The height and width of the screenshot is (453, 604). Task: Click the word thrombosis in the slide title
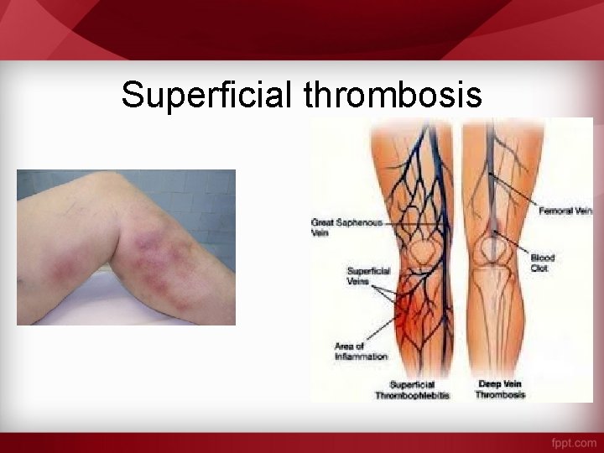click(x=393, y=95)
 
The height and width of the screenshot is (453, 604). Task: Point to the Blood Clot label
click(x=543, y=263)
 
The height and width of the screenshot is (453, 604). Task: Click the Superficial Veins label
click(x=369, y=276)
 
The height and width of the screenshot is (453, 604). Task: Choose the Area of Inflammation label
click(x=361, y=351)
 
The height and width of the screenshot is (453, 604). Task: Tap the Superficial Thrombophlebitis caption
click(x=412, y=389)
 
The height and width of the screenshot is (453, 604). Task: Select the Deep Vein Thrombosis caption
click(x=500, y=389)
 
